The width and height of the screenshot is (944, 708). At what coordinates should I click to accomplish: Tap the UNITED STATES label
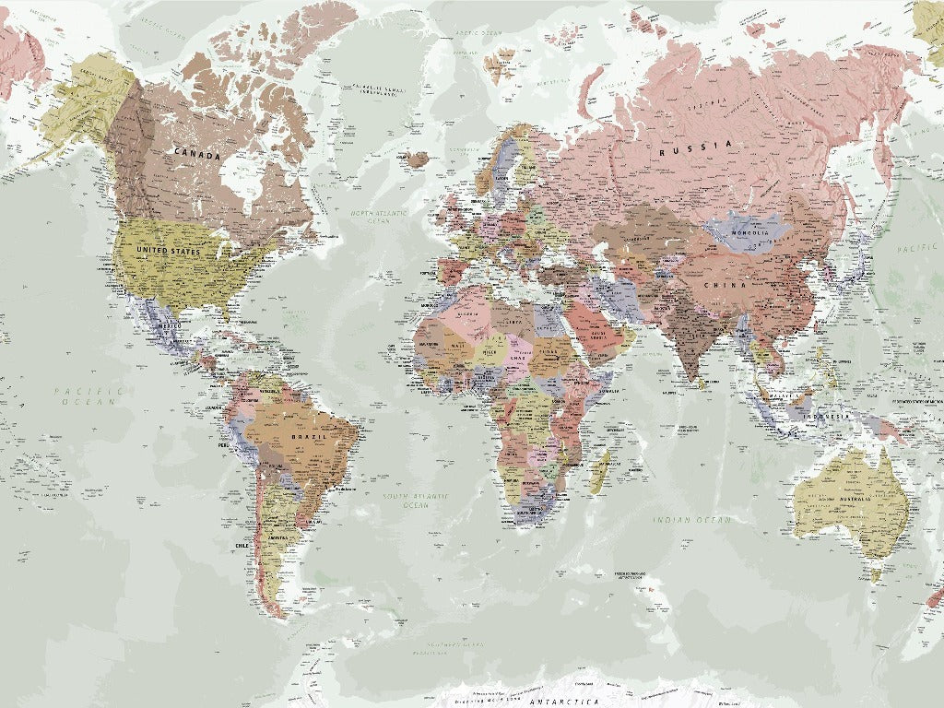click(x=167, y=251)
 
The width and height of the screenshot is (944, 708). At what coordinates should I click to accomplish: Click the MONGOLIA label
click(x=749, y=231)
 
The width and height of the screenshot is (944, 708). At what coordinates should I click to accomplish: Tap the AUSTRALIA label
click(x=861, y=500)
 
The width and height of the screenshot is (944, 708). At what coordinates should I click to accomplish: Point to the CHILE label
click(x=242, y=546)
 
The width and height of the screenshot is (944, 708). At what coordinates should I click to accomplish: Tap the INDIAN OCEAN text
click(x=691, y=521)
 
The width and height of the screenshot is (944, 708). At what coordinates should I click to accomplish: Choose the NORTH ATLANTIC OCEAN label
click(x=372, y=217)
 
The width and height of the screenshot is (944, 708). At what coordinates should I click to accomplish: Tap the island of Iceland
click(x=417, y=159)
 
